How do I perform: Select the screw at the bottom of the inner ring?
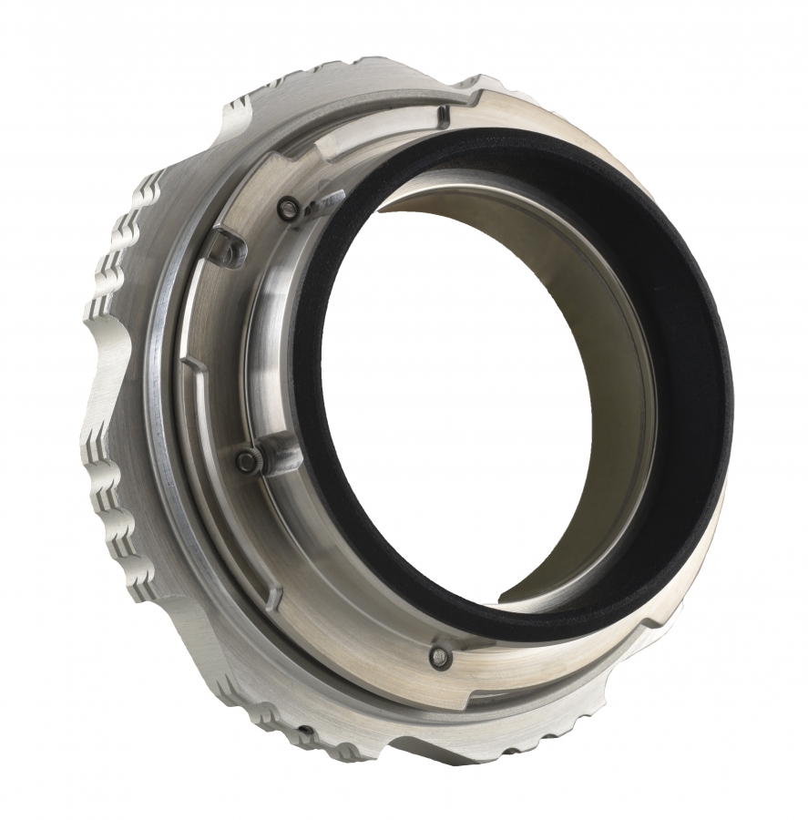(x=441, y=654)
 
